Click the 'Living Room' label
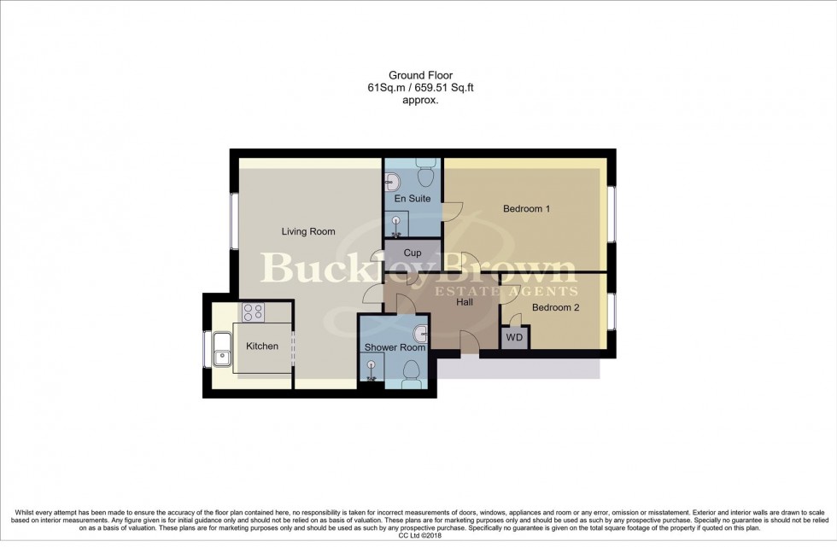pos(308,231)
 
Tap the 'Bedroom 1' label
pos(526,209)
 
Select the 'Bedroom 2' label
pos(555,308)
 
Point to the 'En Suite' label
pos(413,199)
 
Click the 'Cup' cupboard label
pos(413,253)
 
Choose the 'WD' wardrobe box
pos(514,337)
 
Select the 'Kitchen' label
pos(262,346)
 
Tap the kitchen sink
pos(225,348)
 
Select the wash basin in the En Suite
pos(394,181)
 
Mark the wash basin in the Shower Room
pos(419,333)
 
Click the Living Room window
pos(234,222)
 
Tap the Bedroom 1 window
pos(611,213)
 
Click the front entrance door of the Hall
pos(468,344)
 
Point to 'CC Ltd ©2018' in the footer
pos(418,537)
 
